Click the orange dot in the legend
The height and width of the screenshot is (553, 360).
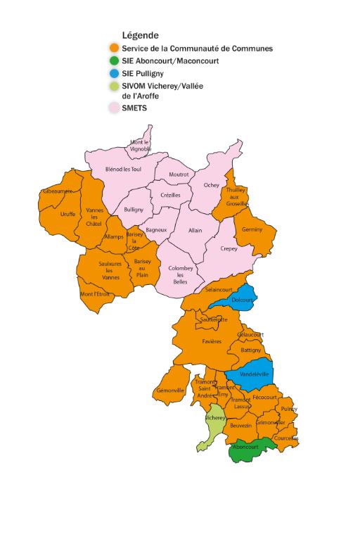point(112,49)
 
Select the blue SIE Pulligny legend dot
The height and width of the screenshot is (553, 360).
point(112,74)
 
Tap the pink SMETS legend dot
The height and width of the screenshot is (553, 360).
point(112,108)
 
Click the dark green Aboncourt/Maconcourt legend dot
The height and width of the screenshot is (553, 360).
point(112,61)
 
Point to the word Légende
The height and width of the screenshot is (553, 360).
point(140,35)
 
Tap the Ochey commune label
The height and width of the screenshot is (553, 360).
point(212,185)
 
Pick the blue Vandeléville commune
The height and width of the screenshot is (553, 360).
point(252,375)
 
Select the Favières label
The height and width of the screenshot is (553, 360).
point(212,341)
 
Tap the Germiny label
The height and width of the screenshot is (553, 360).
point(252,230)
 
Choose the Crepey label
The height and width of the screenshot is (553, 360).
point(229,248)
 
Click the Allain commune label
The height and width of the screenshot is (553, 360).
point(195,230)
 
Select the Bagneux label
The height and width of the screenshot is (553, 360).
point(156,229)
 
